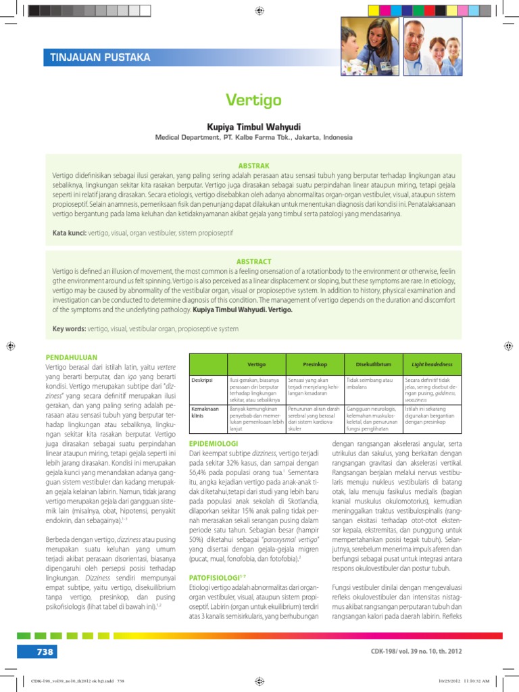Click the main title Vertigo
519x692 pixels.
253,101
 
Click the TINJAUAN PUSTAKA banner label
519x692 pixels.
100,57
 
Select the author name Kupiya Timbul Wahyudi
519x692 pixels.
253,126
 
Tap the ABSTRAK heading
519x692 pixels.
253,165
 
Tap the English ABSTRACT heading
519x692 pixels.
253,262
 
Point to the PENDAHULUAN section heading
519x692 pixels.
71,357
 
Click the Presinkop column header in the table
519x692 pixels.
315,364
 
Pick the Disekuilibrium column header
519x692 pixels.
373,364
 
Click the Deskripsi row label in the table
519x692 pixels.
203,380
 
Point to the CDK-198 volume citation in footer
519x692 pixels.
417,651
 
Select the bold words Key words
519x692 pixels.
70,329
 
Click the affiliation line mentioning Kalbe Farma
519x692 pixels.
253,137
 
